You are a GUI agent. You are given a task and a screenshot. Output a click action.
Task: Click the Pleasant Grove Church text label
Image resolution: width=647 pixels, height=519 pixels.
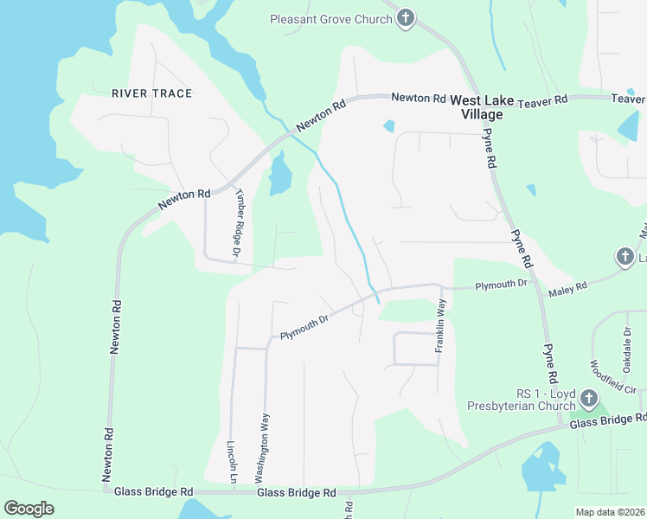[x=331, y=18]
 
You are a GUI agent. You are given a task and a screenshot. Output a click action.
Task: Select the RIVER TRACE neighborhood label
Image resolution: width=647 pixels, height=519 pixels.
[x=151, y=93]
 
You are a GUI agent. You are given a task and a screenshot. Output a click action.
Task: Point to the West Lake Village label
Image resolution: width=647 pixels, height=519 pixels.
[x=476, y=107]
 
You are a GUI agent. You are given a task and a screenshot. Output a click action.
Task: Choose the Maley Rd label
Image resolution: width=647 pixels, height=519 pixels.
[x=567, y=288]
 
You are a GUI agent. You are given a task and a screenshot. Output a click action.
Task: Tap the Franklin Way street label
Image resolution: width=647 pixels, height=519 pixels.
[x=440, y=325]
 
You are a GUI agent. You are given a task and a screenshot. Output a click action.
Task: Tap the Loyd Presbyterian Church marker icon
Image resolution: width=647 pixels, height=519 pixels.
[x=589, y=399]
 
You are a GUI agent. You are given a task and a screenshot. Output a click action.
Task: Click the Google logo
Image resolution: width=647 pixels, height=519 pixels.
[x=29, y=508]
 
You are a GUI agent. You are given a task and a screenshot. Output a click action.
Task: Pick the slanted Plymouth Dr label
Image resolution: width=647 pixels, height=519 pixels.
[x=304, y=326]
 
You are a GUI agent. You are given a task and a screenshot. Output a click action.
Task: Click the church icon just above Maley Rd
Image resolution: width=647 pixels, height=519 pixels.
[x=625, y=256]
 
